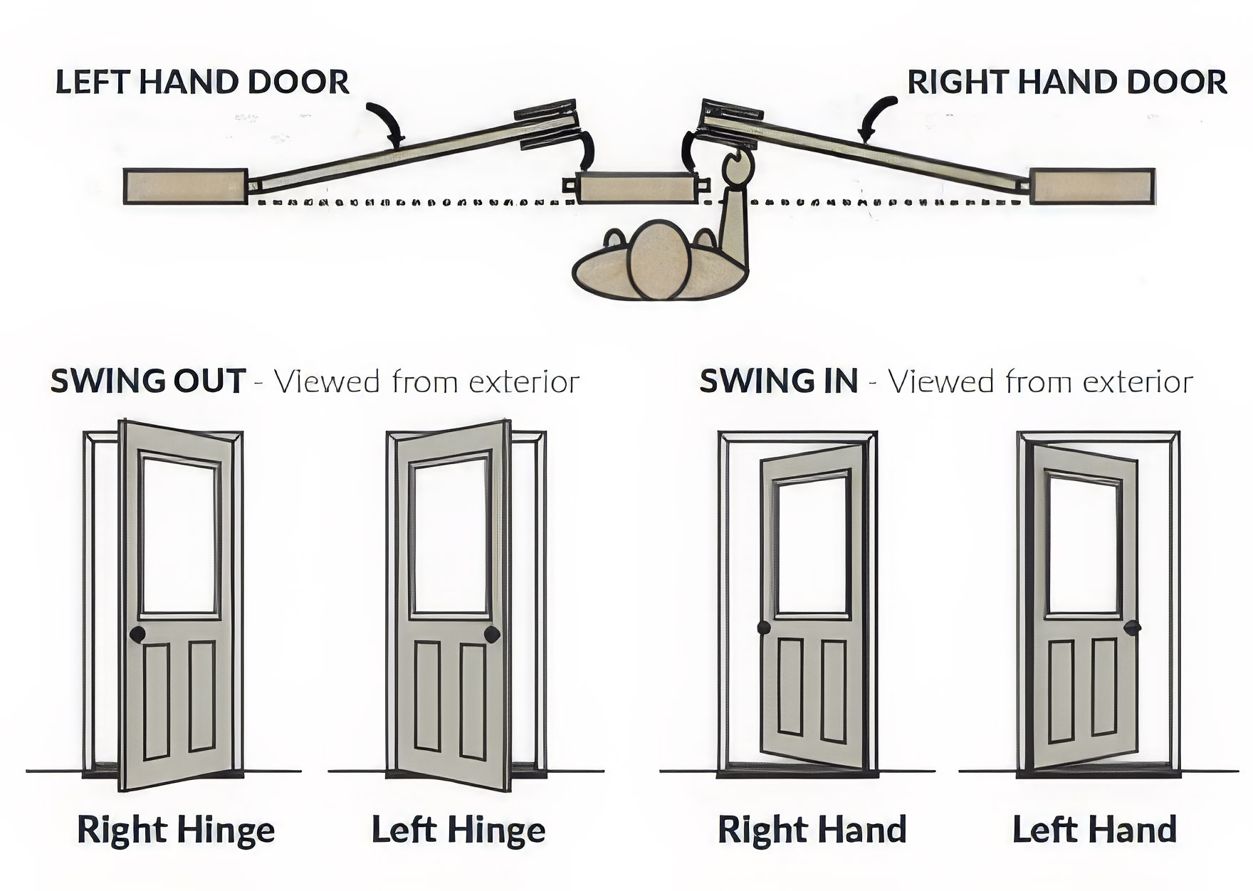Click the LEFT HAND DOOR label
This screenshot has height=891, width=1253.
[202, 82]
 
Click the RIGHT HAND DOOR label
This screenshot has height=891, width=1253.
[1066, 82]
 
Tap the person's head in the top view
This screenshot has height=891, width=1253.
[661, 260]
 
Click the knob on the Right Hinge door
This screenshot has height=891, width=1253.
[138, 633]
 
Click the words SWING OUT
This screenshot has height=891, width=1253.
[148, 382]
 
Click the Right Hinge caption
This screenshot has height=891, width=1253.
[175, 830]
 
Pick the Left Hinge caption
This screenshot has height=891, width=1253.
[458, 830]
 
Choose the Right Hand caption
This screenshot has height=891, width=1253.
[812, 830]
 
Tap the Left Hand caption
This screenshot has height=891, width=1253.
[1094, 830]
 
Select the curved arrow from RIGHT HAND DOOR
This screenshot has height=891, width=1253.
[874, 117]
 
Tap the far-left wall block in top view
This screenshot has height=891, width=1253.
[185, 186]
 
